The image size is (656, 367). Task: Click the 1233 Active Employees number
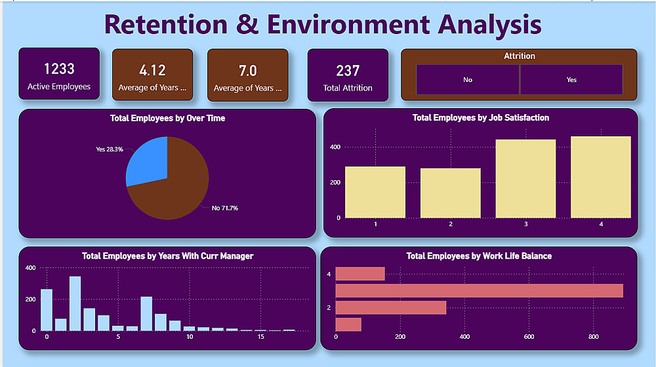59,69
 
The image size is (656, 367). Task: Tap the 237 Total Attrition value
348,71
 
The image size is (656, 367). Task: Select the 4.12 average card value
152,71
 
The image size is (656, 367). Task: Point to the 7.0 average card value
247,71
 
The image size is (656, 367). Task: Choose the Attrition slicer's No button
468,79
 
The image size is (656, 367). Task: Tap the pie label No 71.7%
225,208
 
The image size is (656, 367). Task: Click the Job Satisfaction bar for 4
600,177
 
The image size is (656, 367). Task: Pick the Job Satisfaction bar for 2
450,193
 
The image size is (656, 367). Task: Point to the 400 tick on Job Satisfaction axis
335,147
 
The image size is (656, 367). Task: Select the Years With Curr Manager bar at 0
47,310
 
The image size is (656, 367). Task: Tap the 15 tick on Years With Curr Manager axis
260,338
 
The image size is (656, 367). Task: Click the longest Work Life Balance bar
479,290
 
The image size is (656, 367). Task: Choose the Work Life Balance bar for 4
359,274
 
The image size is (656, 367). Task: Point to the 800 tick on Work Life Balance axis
592,338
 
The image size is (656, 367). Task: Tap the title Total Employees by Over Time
167,119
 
